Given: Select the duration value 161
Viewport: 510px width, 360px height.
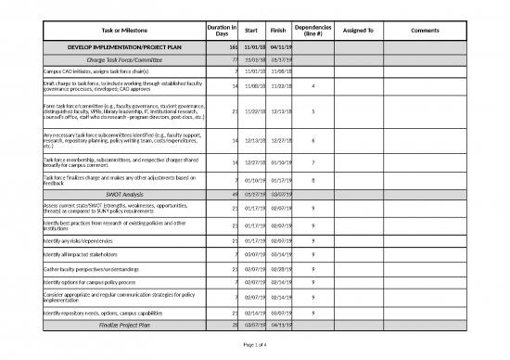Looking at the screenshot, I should click(x=233, y=46).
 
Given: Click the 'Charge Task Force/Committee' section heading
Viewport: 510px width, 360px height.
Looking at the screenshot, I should click(x=121, y=58).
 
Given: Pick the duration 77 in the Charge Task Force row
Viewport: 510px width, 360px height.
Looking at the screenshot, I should click(x=235, y=58).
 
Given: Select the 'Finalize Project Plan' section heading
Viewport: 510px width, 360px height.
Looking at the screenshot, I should click(x=121, y=326).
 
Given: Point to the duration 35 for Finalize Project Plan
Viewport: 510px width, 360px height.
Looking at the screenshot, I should click(x=235, y=326).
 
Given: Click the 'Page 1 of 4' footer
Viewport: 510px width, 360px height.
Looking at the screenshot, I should click(x=253, y=345).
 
